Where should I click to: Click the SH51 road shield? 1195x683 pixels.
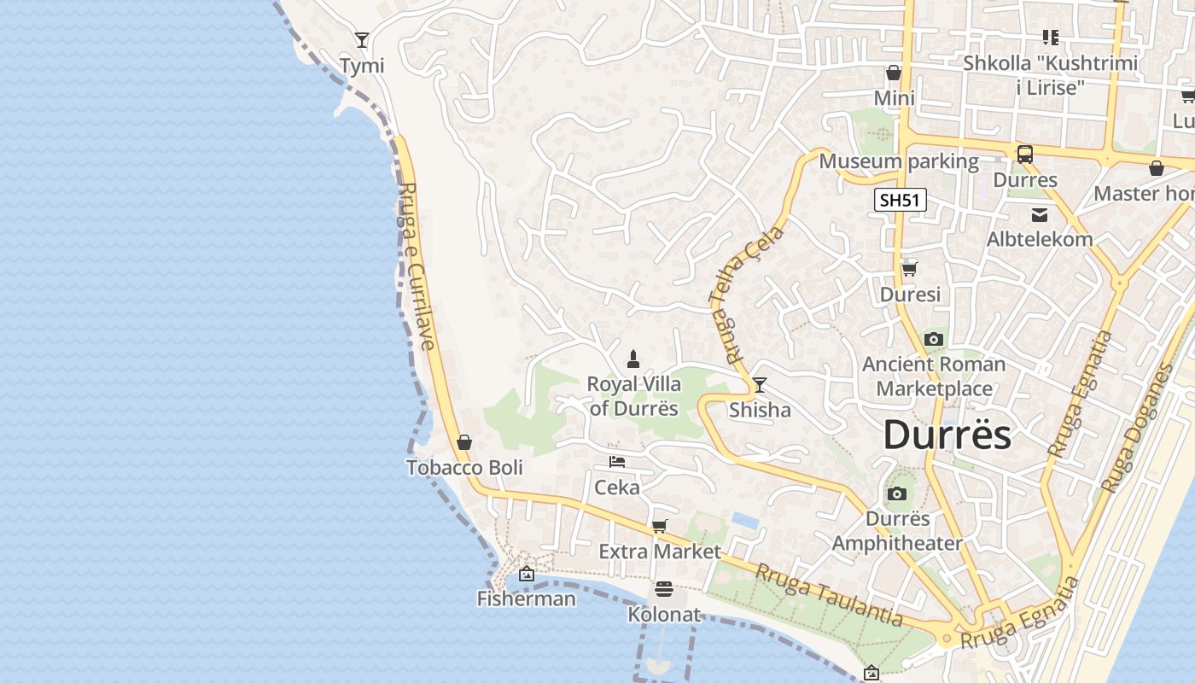click(x=901, y=201)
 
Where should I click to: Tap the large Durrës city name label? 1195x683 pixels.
click(x=947, y=435)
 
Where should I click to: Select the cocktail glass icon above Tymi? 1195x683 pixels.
click(x=362, y=40)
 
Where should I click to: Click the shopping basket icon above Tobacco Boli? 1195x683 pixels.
click(x=464, y=442)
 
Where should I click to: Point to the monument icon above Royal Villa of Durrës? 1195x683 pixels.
click(x=633, y=359)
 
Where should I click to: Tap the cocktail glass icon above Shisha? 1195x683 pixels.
click(x=759, y=385)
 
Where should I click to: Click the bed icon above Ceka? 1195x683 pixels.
click(x=617, y=462)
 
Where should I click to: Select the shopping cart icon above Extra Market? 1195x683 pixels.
click(x=659, y=526)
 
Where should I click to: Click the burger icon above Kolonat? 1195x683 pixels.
click(x=663, y=589)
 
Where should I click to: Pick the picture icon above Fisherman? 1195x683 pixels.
click(x=526, y=574)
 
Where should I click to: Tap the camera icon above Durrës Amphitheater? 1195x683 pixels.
click(x=896, y=493)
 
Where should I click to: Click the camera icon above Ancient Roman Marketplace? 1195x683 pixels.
click(x=934, y=339)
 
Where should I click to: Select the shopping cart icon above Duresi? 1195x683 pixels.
click(x=910, y=269)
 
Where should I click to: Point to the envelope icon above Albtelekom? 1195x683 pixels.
click(x=1039, y=214)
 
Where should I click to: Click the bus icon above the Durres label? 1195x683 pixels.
click(x=1025, y=155)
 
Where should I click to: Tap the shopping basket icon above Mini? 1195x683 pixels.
click(x=894, y=73)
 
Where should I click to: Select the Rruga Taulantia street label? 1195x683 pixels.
click(x=829, y=596)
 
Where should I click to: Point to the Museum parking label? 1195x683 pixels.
click(x=899, y=161)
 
